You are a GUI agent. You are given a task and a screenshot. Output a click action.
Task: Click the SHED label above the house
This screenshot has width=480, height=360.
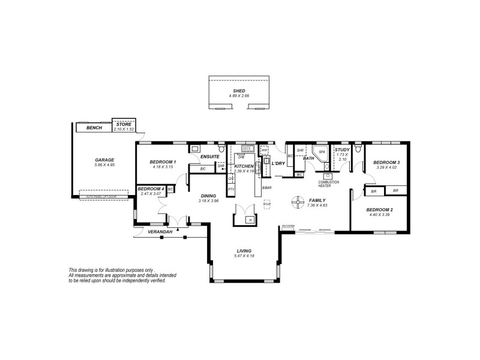[x=239, y=90]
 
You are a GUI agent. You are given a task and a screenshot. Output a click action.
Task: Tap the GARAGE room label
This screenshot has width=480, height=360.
[x=104, y=160]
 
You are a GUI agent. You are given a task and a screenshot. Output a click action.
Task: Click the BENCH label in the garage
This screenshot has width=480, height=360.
[x=94, y=128]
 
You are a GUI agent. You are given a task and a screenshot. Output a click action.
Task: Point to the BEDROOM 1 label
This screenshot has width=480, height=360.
[x=163, y=162]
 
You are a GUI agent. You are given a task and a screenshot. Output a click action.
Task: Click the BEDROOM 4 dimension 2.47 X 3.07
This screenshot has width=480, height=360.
[x=151, y=194]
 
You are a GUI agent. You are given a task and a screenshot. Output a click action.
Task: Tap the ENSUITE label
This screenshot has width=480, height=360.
[x=210, y=157]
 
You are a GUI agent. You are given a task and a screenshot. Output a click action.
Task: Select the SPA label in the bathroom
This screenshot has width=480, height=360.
[x=322, y=152]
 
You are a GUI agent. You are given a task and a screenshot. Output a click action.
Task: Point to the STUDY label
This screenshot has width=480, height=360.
[x=342, y=149]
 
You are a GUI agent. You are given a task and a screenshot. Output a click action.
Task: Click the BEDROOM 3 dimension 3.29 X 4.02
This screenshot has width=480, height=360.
[x=386, y=167]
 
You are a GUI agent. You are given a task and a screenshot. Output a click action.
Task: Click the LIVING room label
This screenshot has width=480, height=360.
[x=244, y=251]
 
